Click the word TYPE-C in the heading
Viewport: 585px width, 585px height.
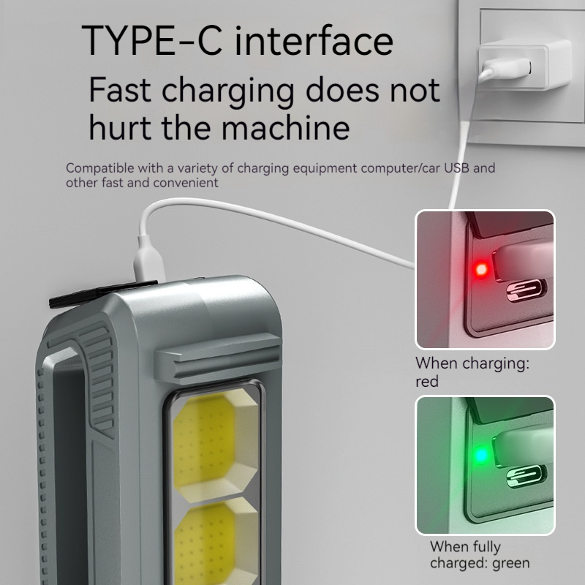(x=152, y=40)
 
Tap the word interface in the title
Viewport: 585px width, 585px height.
(x=314, y=40)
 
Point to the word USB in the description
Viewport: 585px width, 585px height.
(x=456, y=168)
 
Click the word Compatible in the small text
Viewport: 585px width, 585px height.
(x=100, y=169)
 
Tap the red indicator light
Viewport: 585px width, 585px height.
(x=481, y=268)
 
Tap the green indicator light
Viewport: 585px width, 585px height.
(x=481, y=455)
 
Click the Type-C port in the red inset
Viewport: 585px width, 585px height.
(x=526, y=290)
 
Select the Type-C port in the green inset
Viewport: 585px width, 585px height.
(x=526, y=477)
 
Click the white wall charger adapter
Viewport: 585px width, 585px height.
(x=524, y=65)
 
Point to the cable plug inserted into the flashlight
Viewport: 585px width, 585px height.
(x=148, y=259)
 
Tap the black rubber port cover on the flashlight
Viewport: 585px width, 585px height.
(x=102, y=293)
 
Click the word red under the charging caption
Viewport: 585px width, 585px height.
(x=427, y=381)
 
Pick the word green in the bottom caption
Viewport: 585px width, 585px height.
(x=510, y=563)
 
